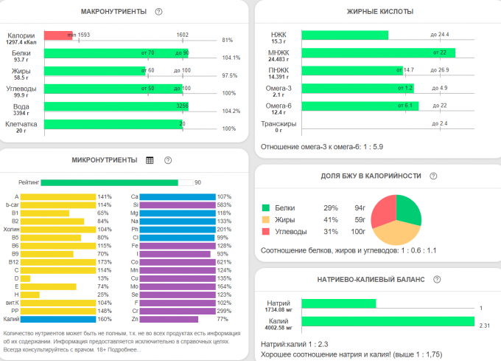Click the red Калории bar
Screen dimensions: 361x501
pyautogui.click(x=57, y=35)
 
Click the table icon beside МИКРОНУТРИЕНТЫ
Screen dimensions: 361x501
pyautogui.click(x=150, y=160)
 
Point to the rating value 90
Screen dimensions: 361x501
pyautogui.click(x=197, y=182)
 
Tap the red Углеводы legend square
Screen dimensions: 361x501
pyautogui.click(x=267, y=231)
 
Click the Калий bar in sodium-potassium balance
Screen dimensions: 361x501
pyautogui.click(x=388, y=321)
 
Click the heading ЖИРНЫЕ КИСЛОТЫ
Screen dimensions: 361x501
pyautogui.click(x=379, y=12)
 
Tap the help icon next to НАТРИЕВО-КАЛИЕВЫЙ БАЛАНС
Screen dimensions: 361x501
pyautogui.click(x=437, y=279)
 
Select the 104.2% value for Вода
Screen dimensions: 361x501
pyautogui.click(x=231, y=111)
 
